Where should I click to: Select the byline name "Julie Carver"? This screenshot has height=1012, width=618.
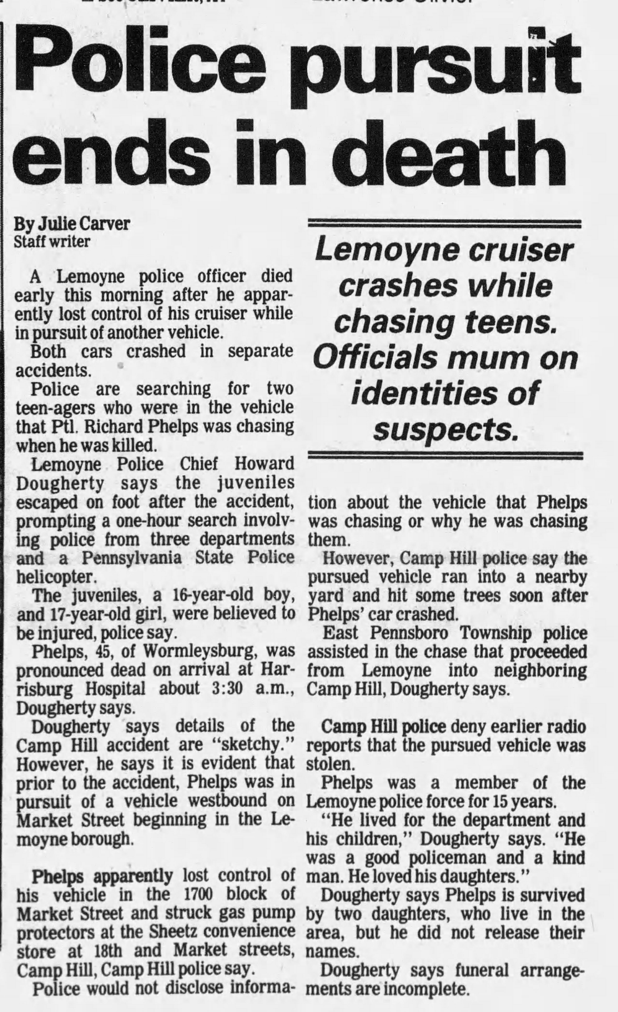84,224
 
